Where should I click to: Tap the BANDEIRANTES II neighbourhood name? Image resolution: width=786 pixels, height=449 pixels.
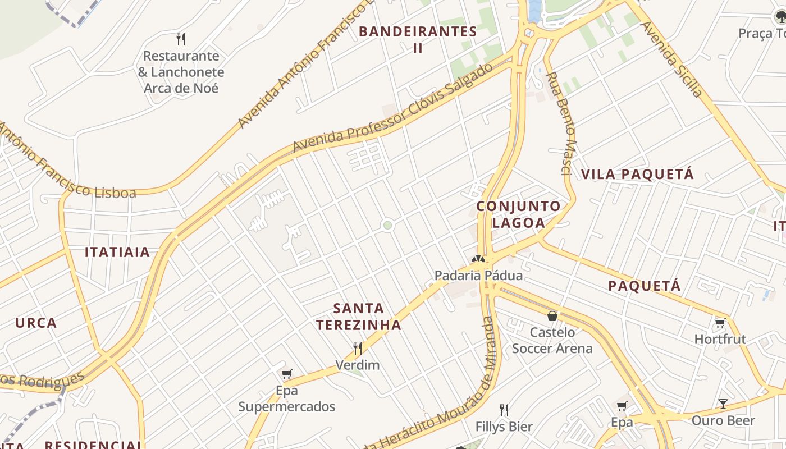point(418,39)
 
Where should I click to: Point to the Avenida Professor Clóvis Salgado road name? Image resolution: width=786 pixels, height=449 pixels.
point(393,109)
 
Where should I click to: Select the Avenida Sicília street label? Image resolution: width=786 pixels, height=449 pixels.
point(671,58)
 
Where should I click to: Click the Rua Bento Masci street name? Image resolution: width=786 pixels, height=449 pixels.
point(562,123)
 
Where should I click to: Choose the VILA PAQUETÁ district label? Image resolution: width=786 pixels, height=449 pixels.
point(638,175)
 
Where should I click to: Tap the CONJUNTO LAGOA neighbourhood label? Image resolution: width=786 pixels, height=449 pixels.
point(518,214)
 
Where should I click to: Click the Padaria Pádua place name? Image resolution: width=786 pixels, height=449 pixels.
point(479,276)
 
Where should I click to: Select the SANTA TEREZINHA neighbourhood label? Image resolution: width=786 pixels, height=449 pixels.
point(358,317)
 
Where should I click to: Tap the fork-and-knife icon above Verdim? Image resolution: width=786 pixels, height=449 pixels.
point(358,349)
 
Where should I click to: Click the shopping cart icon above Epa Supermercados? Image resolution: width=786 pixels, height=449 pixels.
point(287,374)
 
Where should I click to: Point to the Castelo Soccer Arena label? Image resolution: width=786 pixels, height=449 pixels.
point(552,340)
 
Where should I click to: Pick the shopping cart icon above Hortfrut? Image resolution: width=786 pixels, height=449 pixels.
point(720,323)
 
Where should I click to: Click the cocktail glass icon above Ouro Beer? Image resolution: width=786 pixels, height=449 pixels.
point(723,404)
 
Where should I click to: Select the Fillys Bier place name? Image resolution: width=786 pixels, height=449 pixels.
point(504,427)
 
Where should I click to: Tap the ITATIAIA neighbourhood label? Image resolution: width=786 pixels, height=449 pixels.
point(117,253)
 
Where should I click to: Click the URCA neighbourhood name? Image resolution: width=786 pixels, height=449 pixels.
point(36,323)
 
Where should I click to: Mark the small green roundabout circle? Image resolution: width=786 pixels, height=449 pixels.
point(387,226)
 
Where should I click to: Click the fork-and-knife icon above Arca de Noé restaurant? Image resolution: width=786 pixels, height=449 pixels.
point(181,39)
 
